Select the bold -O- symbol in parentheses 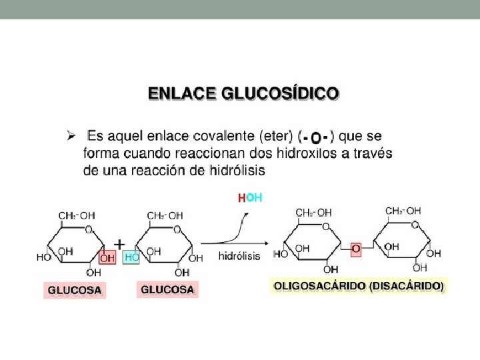click(x=315, y=137)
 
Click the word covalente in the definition click(x=223, y=137)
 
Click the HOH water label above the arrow click(x=250, y=198)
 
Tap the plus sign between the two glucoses click(x=119, y=244)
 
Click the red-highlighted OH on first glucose click(x=107, y=257)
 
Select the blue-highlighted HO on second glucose click(x=131, y=257)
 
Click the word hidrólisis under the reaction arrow click(x=239, y=256)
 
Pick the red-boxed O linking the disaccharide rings click(x=355, y=249)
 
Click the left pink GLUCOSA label click(x=75, y=291)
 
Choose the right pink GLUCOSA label click(x=167, y=290)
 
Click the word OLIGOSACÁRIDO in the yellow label click(x=319, y=286)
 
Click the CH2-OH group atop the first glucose click(x=77, y=215)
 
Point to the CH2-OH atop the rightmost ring click(x=403, y=211)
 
